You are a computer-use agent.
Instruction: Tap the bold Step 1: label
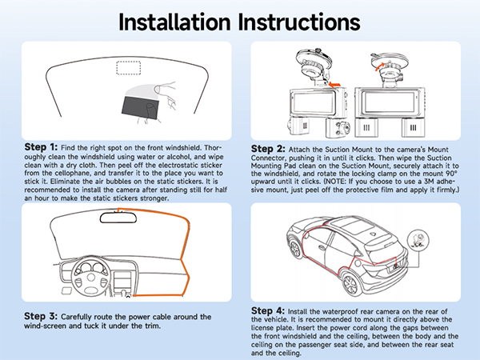pyautogui.click(x=42, y=147)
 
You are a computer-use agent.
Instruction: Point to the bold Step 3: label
pyautogui.click(x=42, y=317)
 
